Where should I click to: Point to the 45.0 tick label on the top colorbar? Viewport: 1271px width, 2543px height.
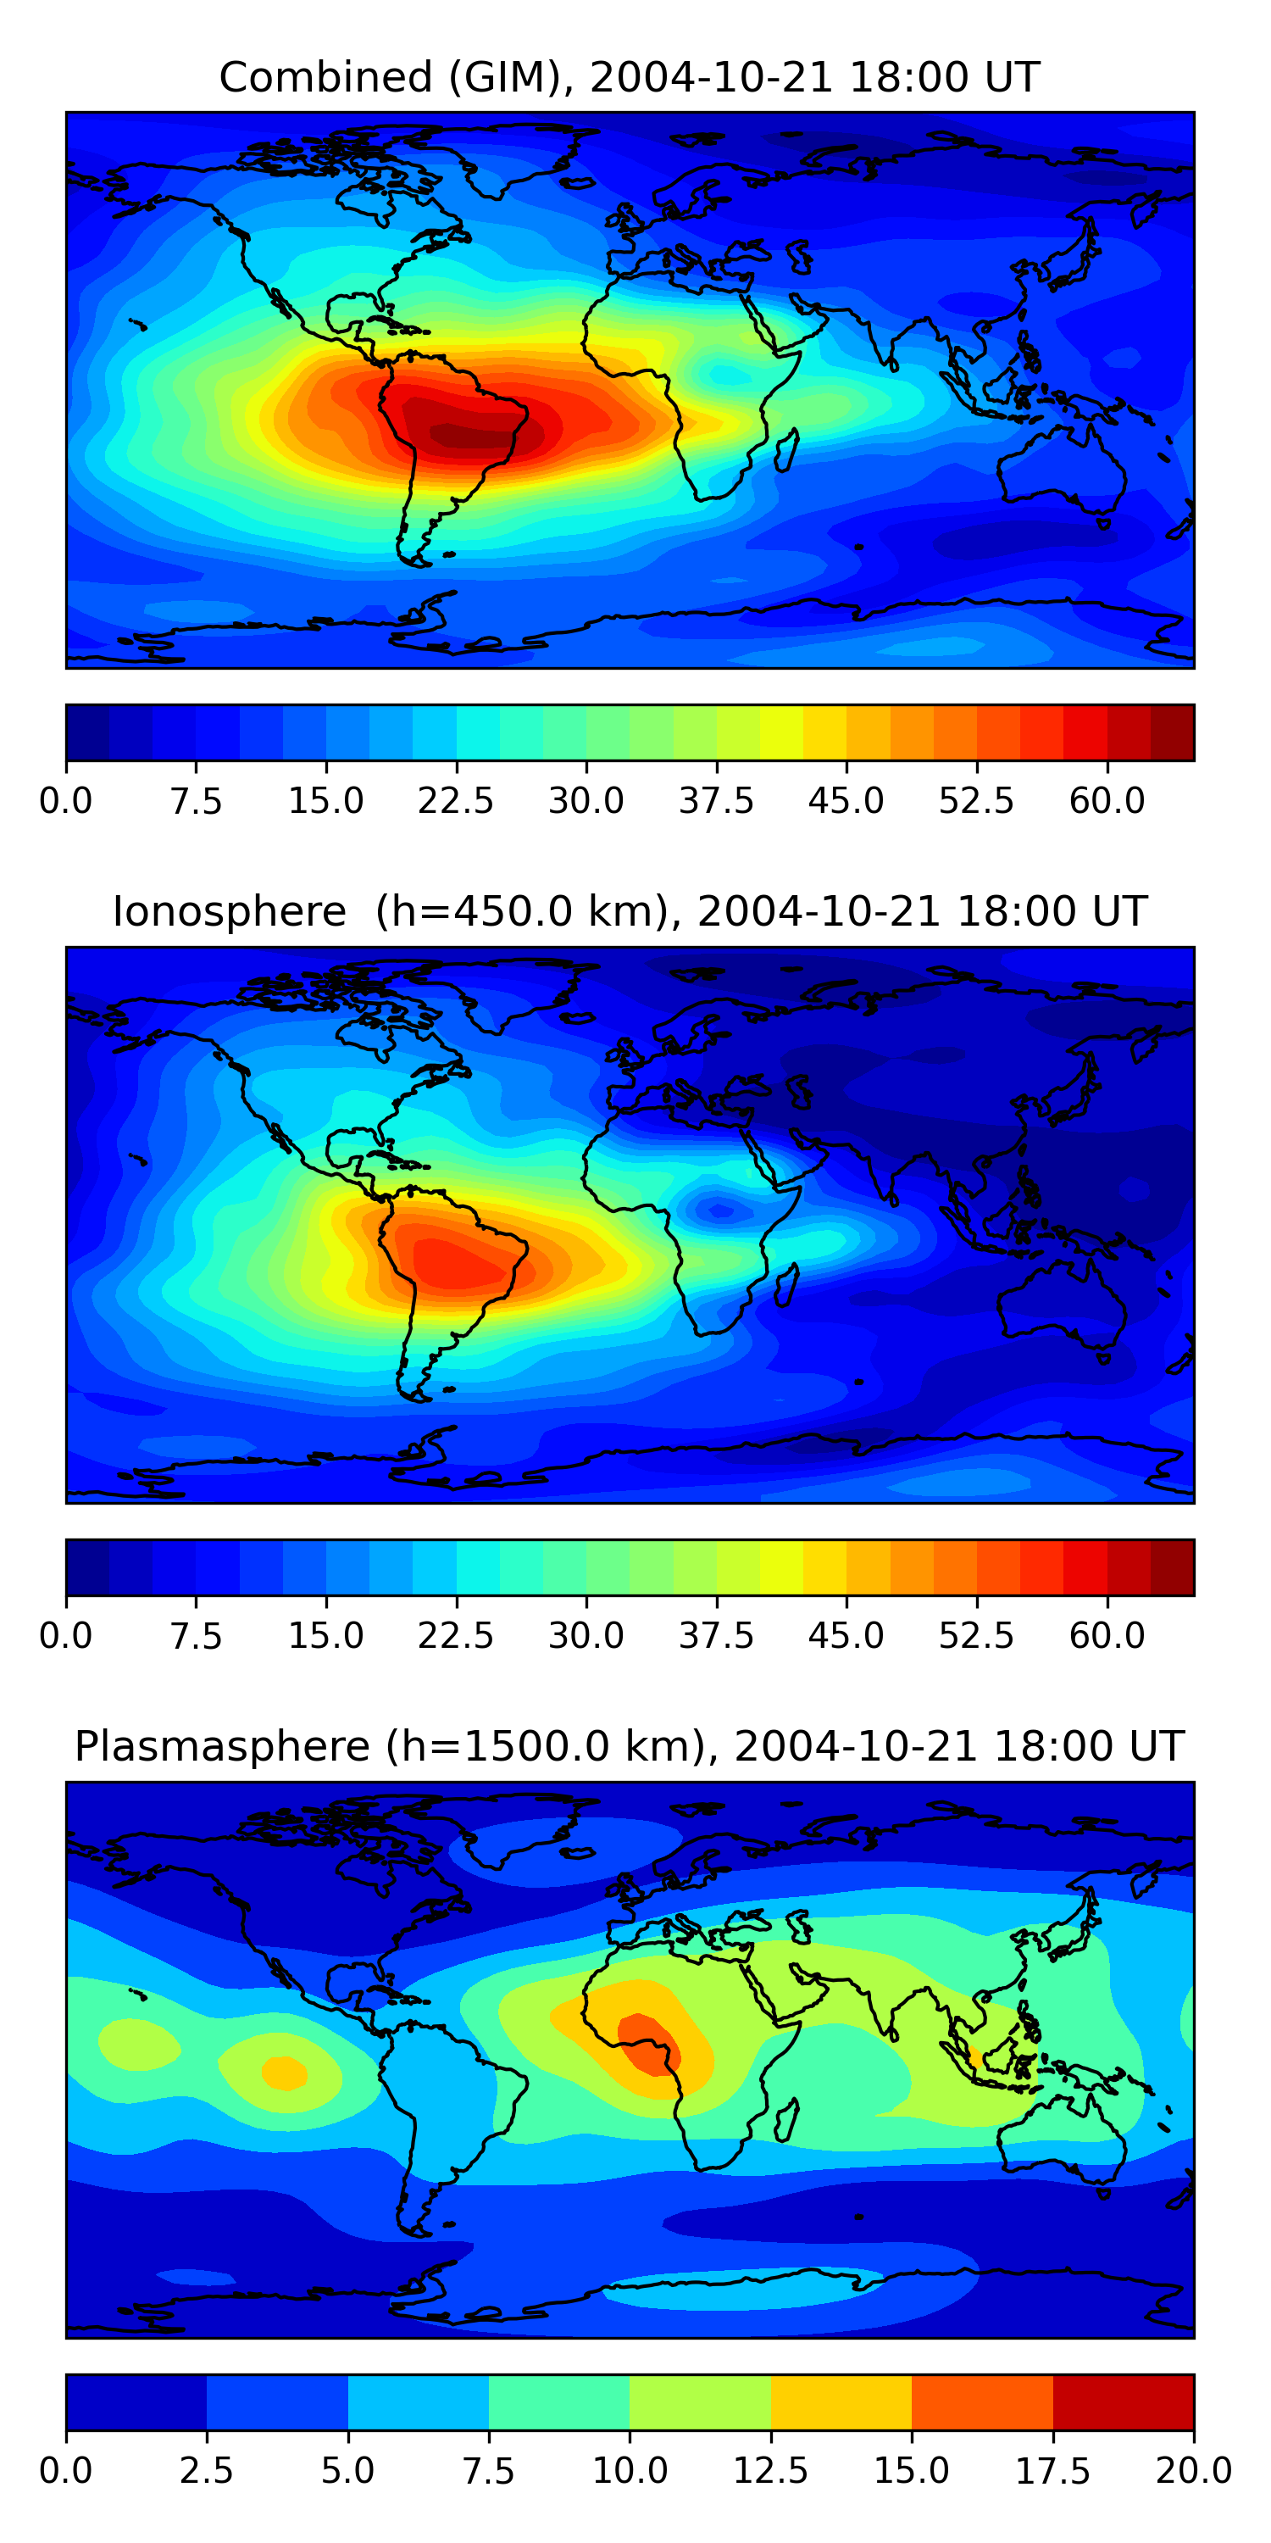(846, 800)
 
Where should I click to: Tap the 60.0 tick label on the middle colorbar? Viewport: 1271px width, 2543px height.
(1107, 1635)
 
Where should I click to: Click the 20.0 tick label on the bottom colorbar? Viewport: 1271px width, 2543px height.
(1193, 2470)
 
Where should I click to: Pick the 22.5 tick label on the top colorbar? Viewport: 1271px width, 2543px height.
(455, 800)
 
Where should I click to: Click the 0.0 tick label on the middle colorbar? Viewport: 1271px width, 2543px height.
(66, 1635)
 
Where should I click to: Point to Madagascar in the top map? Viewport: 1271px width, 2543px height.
(786, 449)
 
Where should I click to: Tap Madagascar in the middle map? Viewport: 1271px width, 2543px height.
(786, 1283)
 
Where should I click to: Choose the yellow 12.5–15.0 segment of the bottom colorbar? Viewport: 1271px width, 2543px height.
(841, 2401)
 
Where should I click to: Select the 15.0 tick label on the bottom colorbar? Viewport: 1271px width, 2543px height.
(911, 2470)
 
